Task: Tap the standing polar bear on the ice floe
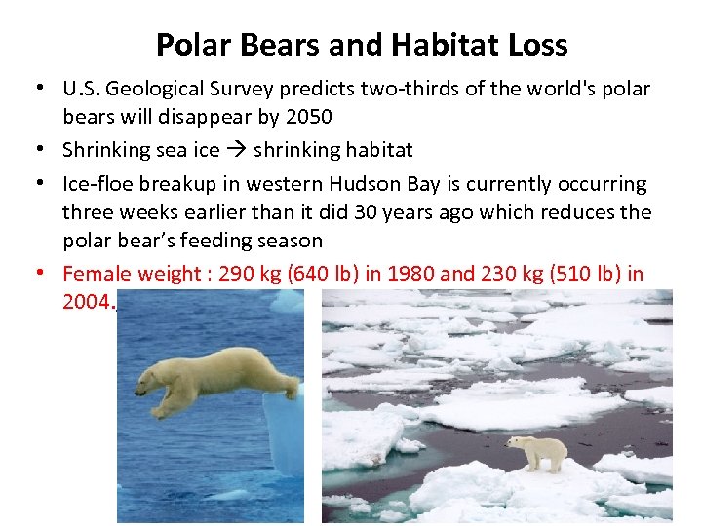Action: point(538,451)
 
